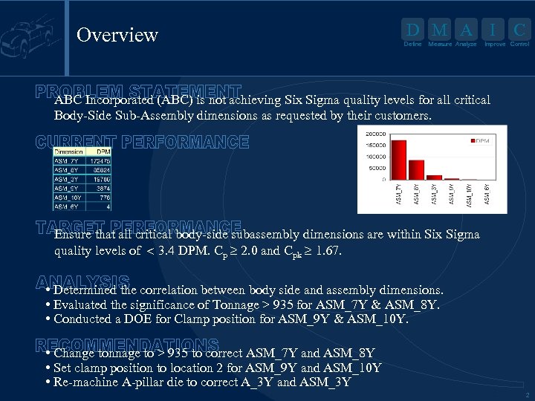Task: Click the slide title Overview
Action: click(x=117, y=35)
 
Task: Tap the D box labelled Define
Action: click(x=412, y=30)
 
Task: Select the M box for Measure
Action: click(x=439, y=30)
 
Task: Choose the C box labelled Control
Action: click(x=519, y=30)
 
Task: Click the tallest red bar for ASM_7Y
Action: click(x=399, y=160)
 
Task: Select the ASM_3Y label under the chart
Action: click(x=434, y=195)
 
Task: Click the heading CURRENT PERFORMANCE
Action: click(x=143, y=141)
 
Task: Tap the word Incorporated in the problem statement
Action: click(x=119, y=100)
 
